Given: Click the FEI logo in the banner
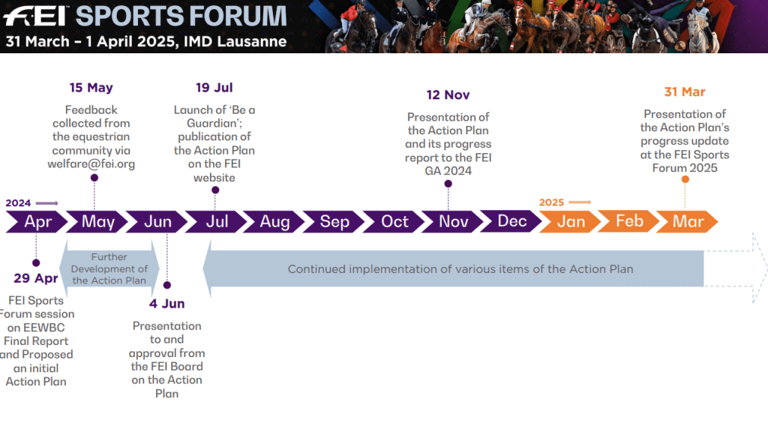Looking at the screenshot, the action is point(35,16).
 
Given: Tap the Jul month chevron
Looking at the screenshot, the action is point(215,222).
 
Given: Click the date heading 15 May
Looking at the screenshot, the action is point(91,88).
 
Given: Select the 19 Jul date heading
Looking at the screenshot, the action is point(214,88).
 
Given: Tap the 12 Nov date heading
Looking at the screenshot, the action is point(448,95).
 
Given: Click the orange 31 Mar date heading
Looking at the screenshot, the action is point(684,92).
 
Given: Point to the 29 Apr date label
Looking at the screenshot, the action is point(36,278).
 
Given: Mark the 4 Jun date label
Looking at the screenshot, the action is point(166,304).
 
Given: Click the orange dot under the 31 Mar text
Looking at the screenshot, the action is point(685,179).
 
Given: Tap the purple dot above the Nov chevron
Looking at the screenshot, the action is point(448,184).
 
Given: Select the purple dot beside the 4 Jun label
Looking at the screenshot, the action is point(167,285).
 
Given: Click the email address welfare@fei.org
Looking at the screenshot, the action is point(91,164).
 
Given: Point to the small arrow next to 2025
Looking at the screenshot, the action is point(580,202).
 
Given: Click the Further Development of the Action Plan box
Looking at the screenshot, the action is point(109,268).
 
